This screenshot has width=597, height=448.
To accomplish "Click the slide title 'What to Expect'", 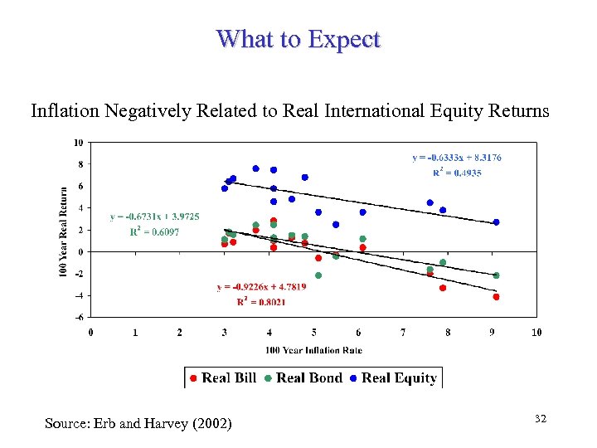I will [x=298, y=39].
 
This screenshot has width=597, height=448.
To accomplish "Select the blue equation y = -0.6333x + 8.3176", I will [x=457, y=157].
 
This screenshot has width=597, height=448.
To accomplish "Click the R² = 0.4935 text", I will [x=457, y=173].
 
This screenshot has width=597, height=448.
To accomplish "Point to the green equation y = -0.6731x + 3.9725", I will [x=154, y=217].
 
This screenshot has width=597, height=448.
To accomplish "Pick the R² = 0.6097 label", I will [x=154, y=231].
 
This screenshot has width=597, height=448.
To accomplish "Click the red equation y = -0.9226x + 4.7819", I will [x=261, y=287].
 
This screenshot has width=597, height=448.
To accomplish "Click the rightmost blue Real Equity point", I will [x=496, y=222].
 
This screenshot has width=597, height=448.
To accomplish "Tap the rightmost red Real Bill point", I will [x=496, y=297].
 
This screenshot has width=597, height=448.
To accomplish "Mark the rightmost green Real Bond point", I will [x=496, y=275].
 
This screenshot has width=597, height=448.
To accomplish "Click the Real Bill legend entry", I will [x=222, y=378].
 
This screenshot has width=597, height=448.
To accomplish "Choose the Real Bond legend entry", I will [x=303, y=378].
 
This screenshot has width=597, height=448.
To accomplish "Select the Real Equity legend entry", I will [x=393, y=378].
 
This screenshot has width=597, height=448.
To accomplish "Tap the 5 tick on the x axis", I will [x=313, y=333].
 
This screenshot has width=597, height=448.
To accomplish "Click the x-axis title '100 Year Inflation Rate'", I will [x=313, y=351].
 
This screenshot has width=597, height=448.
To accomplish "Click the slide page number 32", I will [x=541, y=420].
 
